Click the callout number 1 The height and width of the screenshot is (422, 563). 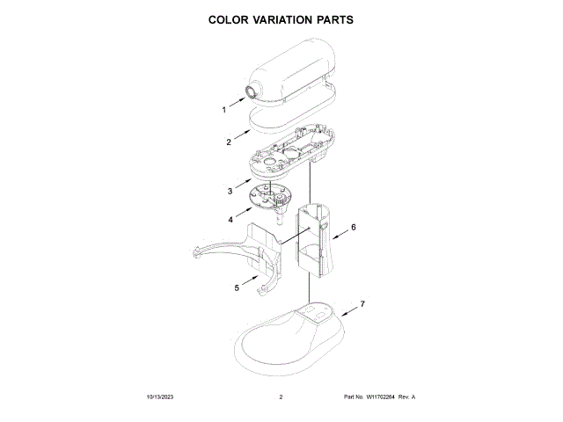(x=223, y=110)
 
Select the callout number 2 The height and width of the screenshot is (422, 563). (x=228, y=142)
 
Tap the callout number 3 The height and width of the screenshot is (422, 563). (x=229, y=190)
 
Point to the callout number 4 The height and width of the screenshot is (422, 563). (x=230, y=220)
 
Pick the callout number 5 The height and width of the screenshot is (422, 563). (x=237, y=287)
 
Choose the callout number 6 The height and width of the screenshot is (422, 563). (x=354, y=227)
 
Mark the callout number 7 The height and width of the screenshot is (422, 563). (x=362, y=303)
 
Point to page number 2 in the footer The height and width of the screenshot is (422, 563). (x=281, y=397)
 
